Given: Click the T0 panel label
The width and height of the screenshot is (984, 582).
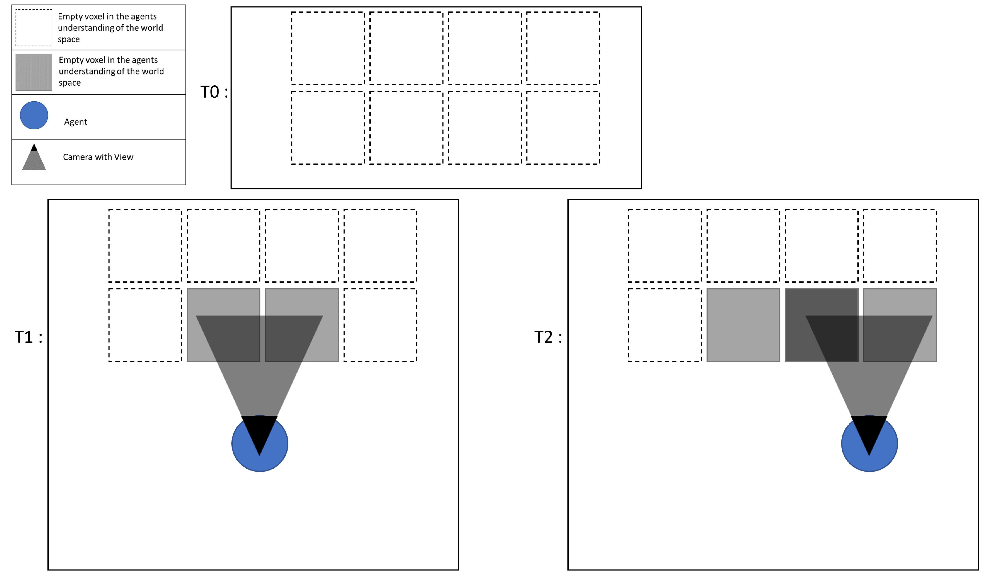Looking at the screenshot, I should (213, 92).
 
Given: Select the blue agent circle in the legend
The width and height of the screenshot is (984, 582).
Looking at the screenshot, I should (34, 115).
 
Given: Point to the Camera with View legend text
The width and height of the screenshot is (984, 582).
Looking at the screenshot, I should (98, 157).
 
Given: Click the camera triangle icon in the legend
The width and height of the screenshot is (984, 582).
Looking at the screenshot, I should (34, 159).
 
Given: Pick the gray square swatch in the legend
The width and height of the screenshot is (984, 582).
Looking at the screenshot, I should (34, 72).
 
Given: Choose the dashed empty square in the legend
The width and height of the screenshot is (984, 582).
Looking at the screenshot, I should (34, 27).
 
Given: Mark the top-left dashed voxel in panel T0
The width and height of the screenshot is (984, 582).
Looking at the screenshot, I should (328, 48).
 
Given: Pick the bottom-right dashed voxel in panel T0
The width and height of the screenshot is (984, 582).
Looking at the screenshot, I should (563, 127).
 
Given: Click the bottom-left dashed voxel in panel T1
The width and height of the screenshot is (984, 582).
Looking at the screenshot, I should (145, 325).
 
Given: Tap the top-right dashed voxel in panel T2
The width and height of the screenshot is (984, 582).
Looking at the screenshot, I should (900, 245).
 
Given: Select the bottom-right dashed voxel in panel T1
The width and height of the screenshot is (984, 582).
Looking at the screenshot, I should (380, 325).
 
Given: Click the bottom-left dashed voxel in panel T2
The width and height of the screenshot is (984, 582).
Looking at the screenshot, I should (665, 325).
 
